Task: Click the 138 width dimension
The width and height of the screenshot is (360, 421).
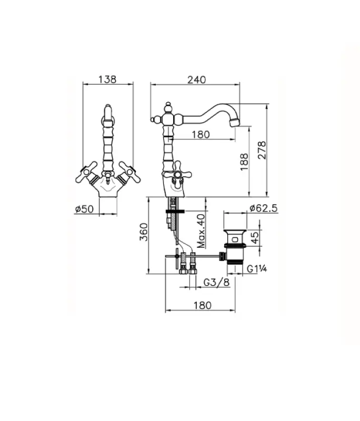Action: (x=107, y=79)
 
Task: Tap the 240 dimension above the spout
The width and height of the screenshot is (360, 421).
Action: (x=196, y=80)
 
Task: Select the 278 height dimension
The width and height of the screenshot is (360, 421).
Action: (x=262, y=151)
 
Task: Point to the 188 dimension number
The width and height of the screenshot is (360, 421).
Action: (x=244, y=162)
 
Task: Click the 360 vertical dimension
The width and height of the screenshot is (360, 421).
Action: (x=144, y=232)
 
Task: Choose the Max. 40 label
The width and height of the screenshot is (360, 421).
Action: (x=201, y=231)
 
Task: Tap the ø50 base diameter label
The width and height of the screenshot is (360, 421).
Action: (x=84, y=209)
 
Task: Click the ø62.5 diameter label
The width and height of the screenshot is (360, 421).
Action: (x=263, y=208)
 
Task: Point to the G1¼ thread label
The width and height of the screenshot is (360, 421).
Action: (x=257, y=268)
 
